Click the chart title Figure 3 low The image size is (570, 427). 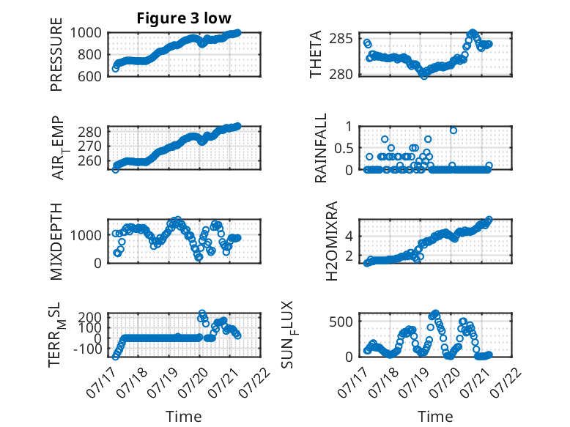(x=184, y=18)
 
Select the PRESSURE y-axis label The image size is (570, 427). (x=56, y=54)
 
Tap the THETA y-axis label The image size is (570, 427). (x=316, y=54)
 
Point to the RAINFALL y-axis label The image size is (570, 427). (x=321, y=148)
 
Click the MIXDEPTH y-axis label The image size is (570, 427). (x=56, y=241)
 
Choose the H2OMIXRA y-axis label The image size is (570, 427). (x=332, y=241)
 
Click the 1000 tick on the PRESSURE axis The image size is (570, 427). (x=86, y=33)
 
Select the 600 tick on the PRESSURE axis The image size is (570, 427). (x=90, y=76)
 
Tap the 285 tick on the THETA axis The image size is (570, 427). (x=341, y=39)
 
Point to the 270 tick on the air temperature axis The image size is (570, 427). (x=90, y=146)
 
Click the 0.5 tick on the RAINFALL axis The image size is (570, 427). (x=343, y=148)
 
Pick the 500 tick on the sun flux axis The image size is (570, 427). (x=341, y=322)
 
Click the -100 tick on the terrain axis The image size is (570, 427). (x=88, y=349)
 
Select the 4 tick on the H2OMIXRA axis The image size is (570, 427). (x=349, y=237)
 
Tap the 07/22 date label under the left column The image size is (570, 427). (x=256, y=382)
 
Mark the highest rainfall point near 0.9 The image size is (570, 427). (x=454, y=130)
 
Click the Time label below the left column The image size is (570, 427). (x=184, y=416)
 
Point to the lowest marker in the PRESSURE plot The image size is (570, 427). (x=116, y=68)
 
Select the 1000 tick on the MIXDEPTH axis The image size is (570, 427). (x=86, y=235)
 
